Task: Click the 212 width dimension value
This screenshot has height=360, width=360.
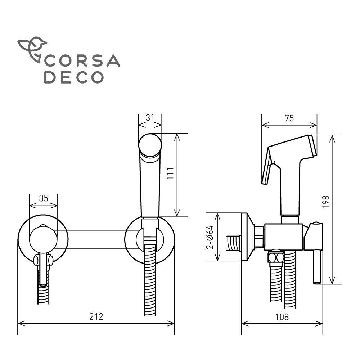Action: [96, 317]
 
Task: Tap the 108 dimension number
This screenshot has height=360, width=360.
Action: [282, 317]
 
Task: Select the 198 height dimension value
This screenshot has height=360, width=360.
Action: [325, 202]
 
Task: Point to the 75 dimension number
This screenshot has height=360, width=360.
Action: [289, 118]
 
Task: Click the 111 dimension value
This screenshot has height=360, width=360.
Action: [170, 174]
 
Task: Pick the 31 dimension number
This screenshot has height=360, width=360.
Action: [150, 118]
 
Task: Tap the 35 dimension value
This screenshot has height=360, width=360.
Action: [44, 198]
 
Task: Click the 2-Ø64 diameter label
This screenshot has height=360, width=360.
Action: [210, 237]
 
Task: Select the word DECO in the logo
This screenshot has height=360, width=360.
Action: [74, 77]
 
